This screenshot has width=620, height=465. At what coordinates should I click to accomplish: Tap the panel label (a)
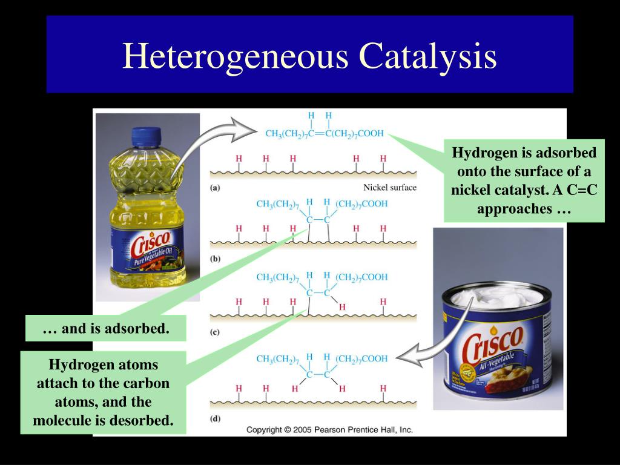215,188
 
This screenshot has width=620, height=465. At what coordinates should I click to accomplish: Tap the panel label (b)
215,259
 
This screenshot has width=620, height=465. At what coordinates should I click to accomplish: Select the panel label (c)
215,332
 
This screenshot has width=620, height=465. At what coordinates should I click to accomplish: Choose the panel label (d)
215,418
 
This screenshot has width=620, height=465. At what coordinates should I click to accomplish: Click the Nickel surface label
390,188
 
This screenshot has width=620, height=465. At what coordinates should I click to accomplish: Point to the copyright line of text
329,430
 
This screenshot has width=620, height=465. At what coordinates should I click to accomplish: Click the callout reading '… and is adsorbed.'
106,329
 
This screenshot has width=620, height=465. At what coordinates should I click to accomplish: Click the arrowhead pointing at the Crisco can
406,358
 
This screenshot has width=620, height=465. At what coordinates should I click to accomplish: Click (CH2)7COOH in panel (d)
361,359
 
